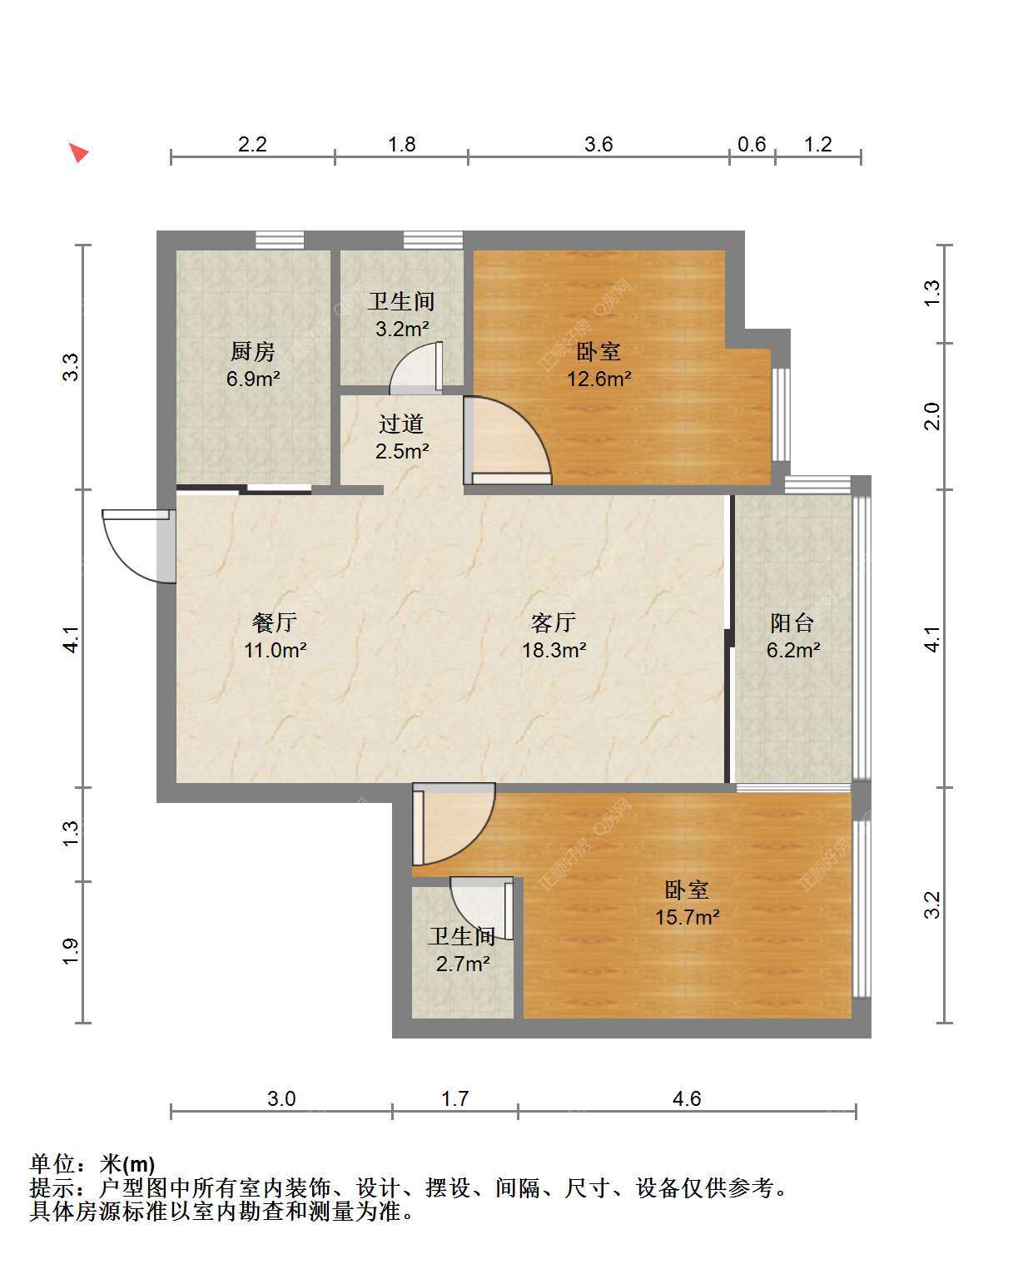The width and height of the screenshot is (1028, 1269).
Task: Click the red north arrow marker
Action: [x=78, y=152]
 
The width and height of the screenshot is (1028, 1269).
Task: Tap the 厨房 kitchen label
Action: [x=253, y=351]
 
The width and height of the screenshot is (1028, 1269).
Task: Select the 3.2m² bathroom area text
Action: [x=402, y=328]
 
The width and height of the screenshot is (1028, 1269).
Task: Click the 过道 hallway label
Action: [x=401, y=424]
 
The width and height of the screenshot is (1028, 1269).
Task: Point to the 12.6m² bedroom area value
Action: [x=599, y=379]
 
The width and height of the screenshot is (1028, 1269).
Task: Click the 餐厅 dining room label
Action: [x=274, y=622]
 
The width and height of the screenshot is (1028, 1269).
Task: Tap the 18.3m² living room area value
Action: [x=554, y=649]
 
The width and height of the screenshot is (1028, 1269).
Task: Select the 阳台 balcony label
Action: [x=792, y=622]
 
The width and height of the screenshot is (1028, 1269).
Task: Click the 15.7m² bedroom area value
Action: [x=687, y=916]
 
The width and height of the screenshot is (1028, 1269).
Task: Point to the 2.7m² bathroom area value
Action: [x=463, y=964]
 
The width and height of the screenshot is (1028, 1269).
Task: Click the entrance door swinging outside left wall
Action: [x=139, y=545]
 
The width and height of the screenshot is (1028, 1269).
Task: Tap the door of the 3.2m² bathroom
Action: [x=416, y=368]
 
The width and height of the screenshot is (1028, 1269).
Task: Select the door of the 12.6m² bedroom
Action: [x=507, y=440]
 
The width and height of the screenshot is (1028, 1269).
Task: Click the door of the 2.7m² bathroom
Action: [x=482, y=908]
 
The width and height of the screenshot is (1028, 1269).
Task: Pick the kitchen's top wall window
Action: [x=280, y=240]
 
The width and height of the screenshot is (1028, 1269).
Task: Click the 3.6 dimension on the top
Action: [x=598, y=144]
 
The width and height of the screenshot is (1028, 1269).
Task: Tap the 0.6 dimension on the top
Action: [x=752, y=144]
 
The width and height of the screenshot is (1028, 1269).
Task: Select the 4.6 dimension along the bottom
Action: [x=687, y=1098]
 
